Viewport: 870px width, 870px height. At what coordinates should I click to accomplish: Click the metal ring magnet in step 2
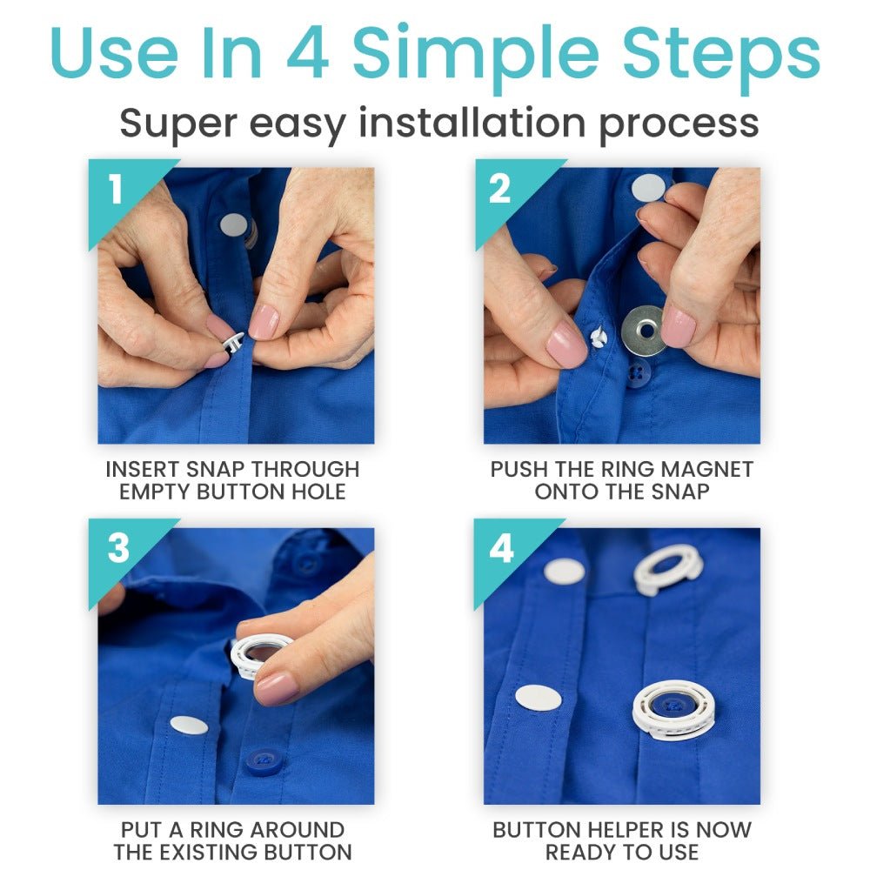(644, 330)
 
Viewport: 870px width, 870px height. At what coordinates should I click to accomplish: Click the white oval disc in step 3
(189, 725)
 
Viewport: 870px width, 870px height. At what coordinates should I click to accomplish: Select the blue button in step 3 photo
(263, 761)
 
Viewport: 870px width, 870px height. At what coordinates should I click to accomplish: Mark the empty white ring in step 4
(668, 568)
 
